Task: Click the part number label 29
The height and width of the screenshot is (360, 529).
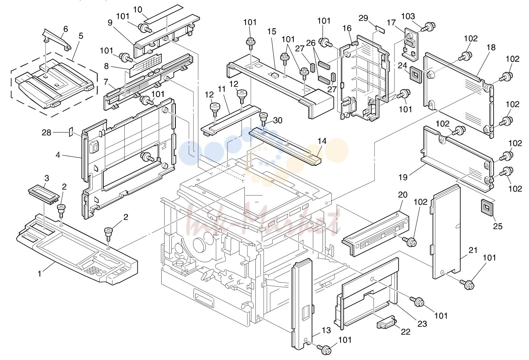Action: click(x=363, y=18)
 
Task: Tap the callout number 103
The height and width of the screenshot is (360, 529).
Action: click(x=408, y=16)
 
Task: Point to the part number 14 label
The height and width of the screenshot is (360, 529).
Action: click(x=322, y=141)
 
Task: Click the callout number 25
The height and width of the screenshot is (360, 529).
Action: click(x=498, y=226)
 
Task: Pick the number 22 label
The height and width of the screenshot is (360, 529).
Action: click(x=405, y=332)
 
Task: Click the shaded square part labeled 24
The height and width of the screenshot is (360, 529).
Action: click(x=415, y=75)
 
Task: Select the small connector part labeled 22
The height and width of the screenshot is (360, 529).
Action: click(x=386, y=322)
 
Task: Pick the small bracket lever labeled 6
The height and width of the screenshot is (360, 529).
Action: click(x=57, y=39)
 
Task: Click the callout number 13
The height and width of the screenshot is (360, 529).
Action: click(x=327, y=330)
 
